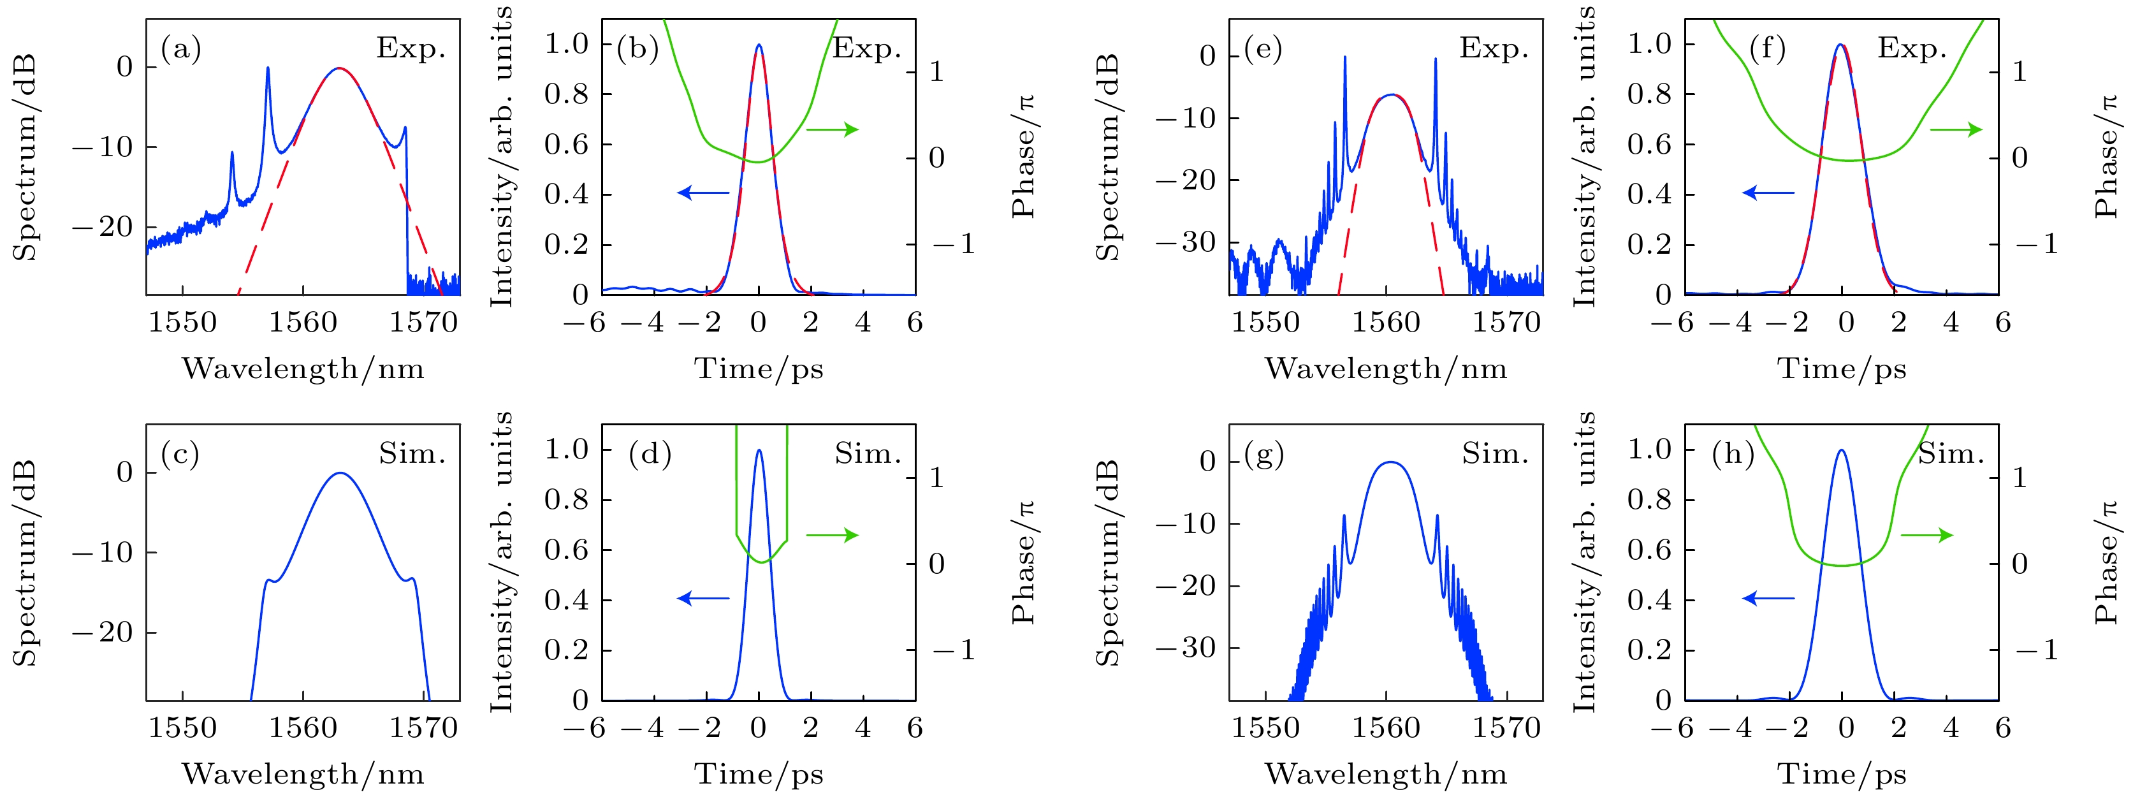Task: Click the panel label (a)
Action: [x=180, y=50]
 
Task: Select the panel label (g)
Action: [x=1263, y=454]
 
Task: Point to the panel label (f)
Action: [x=1767, y=49]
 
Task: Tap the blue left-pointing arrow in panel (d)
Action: [x=703, y=598]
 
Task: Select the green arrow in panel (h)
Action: [x=1927, y=535]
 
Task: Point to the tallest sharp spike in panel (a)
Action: [x=268, y=69]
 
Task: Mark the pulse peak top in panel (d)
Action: [x=759, y=451]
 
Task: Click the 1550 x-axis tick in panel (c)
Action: [x=182, y=728]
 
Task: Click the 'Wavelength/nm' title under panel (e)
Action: [x=1385, y=369]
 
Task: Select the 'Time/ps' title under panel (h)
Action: [x=1842, y=774]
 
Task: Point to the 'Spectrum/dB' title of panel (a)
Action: [x=25, y=157]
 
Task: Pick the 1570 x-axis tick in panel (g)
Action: [x=1506, y=728]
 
